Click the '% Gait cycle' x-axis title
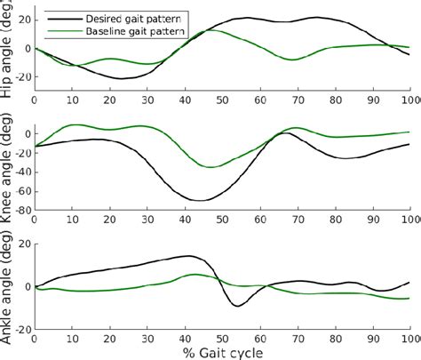[223, 351]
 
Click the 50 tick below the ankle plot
[223, 338]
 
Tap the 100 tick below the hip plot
[408, 100]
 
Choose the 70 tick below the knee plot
[298, 219]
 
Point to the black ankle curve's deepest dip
[236, 306]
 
